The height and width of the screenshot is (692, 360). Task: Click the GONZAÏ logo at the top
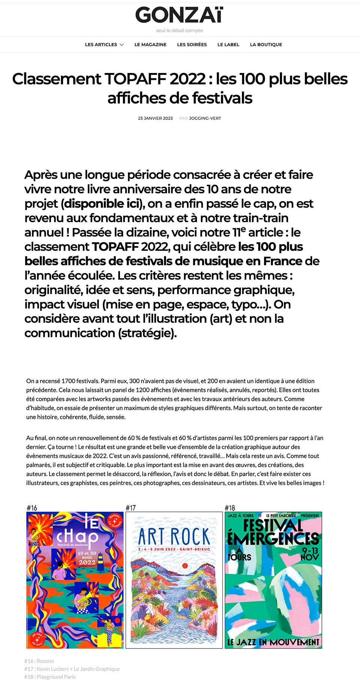[179, 15]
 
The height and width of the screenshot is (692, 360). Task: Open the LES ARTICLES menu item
[101, 45]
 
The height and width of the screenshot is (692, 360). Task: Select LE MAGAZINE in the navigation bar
[150, 45]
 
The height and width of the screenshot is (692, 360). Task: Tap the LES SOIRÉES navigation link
[192, 45]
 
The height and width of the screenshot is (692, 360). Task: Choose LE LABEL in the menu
[228, 45]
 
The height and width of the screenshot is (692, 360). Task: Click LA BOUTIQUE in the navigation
[266, 45]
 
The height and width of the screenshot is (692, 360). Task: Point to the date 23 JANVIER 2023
[155, 118]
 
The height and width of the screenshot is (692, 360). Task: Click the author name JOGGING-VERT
[205, 118]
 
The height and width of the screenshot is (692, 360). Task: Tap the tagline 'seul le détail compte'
[179, 31]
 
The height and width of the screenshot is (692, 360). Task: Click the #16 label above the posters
[32, 508]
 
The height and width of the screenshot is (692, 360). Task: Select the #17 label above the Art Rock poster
[130, 508]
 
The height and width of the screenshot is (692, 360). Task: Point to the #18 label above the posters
[230, 508]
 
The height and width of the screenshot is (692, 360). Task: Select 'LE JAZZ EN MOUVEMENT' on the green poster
[273, 642]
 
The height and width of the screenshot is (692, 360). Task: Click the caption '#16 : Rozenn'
[39, 661]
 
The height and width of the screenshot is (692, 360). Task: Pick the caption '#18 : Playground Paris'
[50, 677]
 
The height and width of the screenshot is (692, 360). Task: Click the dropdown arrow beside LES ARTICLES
[122, 45]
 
